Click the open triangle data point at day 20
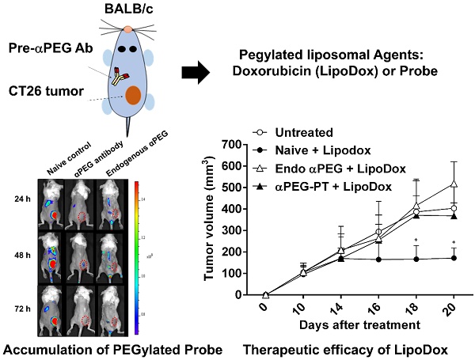[x=454, y=184]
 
